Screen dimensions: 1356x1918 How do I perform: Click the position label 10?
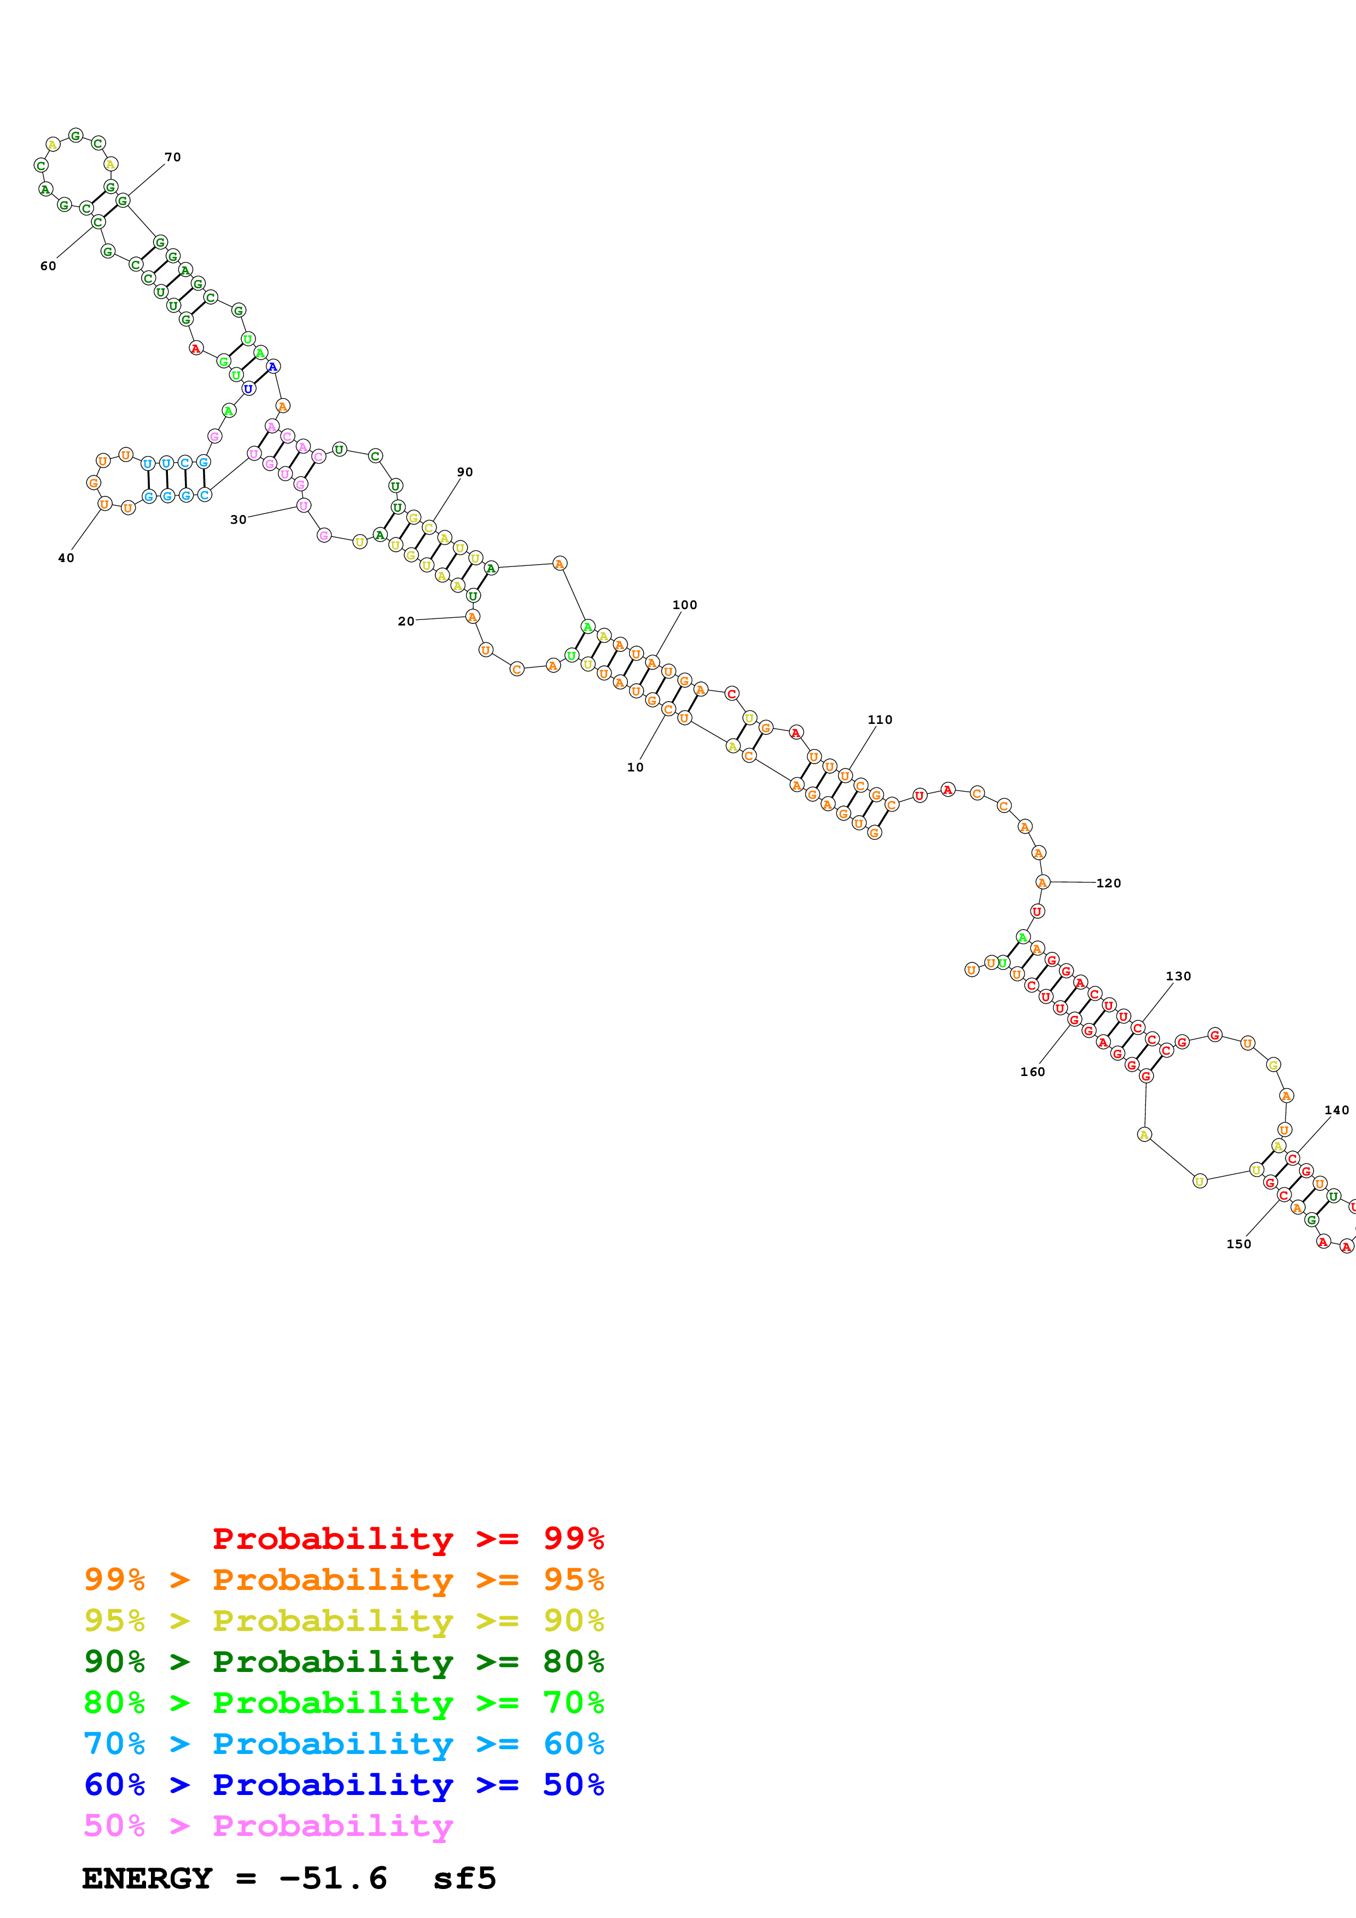(635, 767)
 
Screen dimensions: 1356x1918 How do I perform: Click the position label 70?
(173, 157)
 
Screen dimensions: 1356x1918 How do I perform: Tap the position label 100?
(684, 605)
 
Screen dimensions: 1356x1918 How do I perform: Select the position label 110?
(880, 720)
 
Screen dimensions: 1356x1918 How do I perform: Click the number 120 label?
(1109, 883)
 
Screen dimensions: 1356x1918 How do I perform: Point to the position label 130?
(1178, 976)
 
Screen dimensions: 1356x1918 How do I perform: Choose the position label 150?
(1239, 1244)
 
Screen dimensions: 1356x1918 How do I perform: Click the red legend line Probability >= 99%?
(408, 1538)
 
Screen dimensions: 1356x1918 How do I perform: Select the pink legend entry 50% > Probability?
(268, 1825)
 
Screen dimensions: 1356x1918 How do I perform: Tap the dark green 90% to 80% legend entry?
(344, 1662)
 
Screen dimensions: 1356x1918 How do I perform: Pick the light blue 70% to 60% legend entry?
(344, 1744)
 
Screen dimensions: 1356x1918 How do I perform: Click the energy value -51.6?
(333, 1879)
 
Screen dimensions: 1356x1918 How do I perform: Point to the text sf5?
(464, 1879)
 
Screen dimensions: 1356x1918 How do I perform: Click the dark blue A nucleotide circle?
(273, 367)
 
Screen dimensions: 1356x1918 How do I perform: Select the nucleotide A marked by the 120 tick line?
(1042, 882)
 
